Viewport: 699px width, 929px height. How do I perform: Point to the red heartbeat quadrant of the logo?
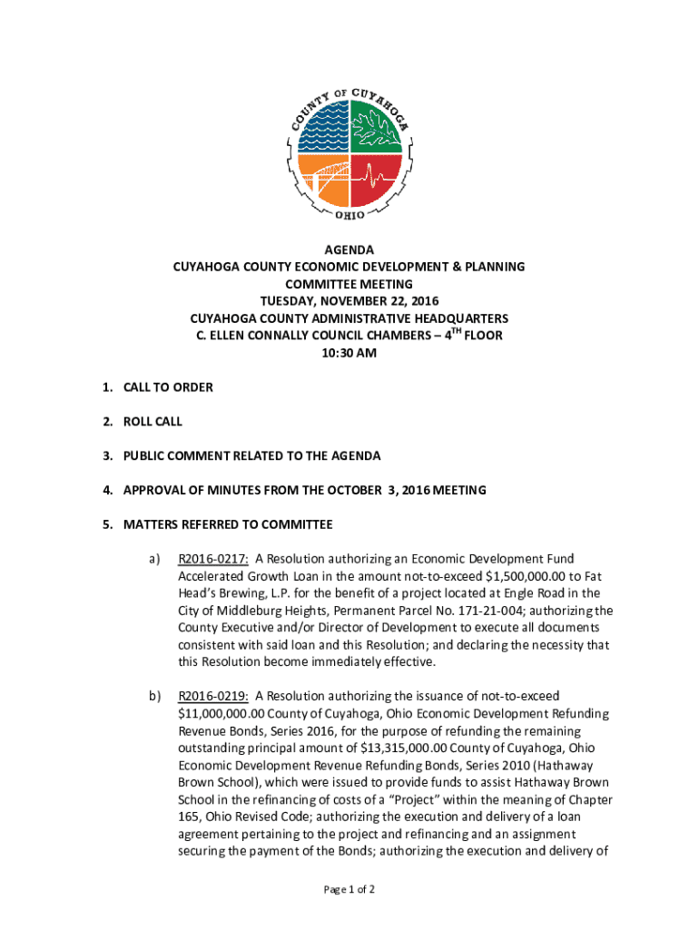(x=375, y=180)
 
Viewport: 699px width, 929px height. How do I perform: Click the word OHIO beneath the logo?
(x=349, y=215)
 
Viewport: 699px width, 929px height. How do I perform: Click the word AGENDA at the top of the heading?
(x=349, y=249)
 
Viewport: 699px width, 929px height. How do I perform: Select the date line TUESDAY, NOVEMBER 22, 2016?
(x=349, y=301)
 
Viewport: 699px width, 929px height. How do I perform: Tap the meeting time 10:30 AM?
(x=349, y=353)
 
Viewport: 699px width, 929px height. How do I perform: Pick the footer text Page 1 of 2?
(x=349, y=889)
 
